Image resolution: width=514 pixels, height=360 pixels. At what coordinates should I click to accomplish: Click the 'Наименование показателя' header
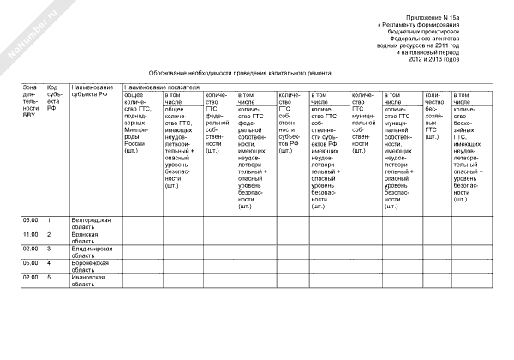(x=162, y=87)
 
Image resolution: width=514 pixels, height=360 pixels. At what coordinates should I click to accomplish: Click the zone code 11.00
(x=31, y=234)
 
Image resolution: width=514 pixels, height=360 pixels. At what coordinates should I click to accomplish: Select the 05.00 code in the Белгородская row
(x=31, y=220)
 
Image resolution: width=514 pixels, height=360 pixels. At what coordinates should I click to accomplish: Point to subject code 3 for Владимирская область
(x=49, y=249)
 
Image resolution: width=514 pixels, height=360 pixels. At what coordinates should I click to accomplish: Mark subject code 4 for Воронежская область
(x=49, y=263)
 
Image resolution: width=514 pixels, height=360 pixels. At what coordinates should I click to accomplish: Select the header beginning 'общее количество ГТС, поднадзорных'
(x=140, y=121)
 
